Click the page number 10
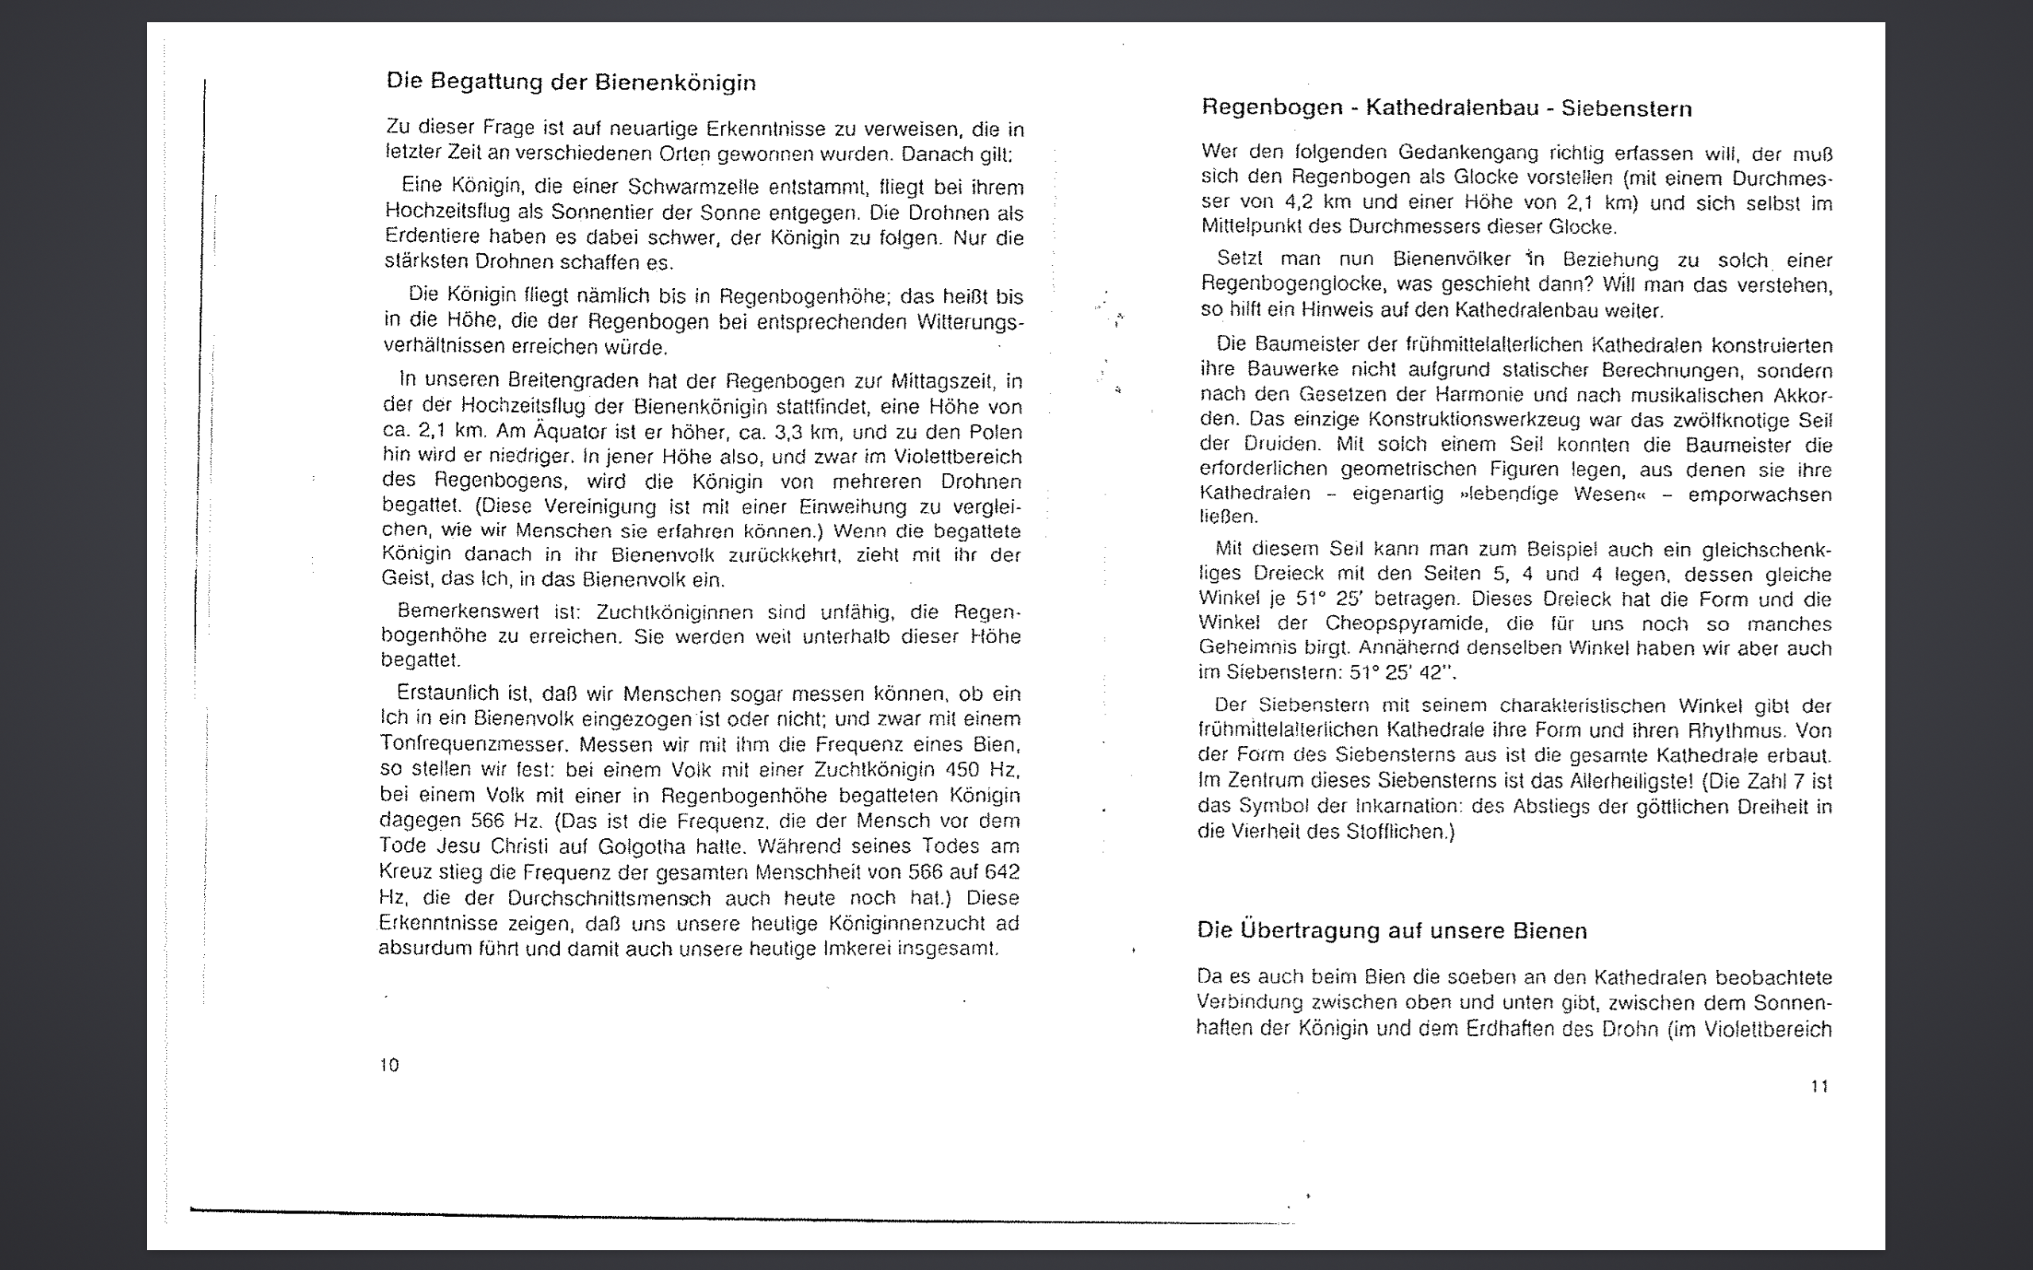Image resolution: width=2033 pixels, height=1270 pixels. coord(389,1065)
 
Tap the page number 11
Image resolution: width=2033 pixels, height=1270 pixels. coord(1819,1086)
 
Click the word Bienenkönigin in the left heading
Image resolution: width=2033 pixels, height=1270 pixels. coord(676,83)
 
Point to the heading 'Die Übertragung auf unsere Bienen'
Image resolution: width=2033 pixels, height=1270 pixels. coord(1391,930)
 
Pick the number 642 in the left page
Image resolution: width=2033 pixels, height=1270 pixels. coord(1002,872)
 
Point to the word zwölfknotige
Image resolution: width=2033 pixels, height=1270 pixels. coord(1730,420)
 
